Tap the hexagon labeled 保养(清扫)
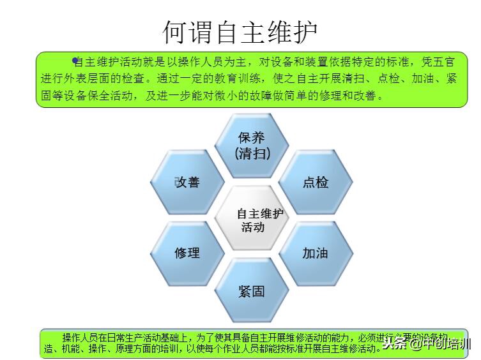252,145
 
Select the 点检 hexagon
316,183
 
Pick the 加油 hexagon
316,253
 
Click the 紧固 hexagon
252,291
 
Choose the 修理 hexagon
187,253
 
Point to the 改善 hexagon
187,183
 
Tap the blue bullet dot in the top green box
75,61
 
